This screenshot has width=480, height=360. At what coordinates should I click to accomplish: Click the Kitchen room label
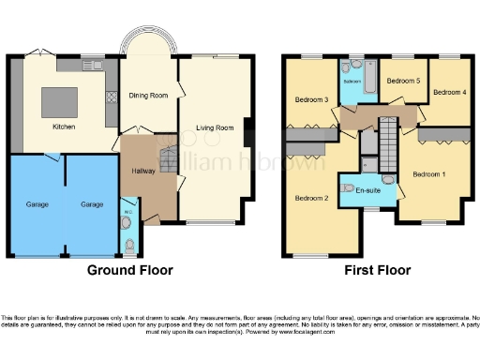click(64, 127)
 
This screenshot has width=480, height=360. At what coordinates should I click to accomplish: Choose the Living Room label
click(214, 127)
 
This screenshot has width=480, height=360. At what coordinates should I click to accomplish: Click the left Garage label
click(36, 203)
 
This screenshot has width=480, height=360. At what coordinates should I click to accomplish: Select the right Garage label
click(91, 203)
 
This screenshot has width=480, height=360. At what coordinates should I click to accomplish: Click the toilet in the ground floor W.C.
click(129, 246)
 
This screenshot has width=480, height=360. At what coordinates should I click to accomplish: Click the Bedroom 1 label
click(429, 174)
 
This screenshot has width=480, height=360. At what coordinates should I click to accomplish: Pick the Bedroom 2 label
click(311, 198)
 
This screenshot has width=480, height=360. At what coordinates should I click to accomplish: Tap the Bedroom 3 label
click(311, 99)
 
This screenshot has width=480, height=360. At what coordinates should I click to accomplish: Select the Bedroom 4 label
click(450, 92)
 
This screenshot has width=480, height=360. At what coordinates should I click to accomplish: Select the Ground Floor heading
click(129, 271)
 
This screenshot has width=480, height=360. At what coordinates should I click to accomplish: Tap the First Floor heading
click(379, 271)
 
